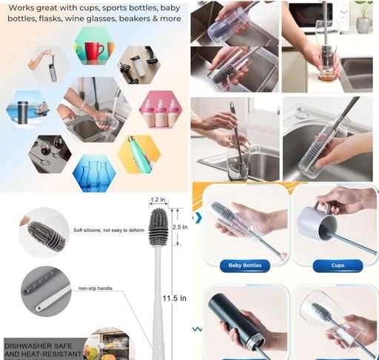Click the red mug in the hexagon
(x=94, y=51)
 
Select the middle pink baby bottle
(x=161, y=113)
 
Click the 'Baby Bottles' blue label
(x=245, y=266)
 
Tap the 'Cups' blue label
(x=338, y=266)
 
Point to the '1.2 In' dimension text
(x=158, y=199)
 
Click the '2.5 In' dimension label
(x=180, y=227)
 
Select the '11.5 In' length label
(x=175, y=298)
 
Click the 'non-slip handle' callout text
(x=95, y=288)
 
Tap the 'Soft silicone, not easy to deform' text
(x=109, y=230)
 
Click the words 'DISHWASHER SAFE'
(x=38, y=346)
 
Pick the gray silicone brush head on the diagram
(x=158, y=227)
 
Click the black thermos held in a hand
(x=236, y=321)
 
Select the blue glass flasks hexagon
(x=94, y=173)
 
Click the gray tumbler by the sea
(x=22, y=112)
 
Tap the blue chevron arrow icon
(x=198, y=218)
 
